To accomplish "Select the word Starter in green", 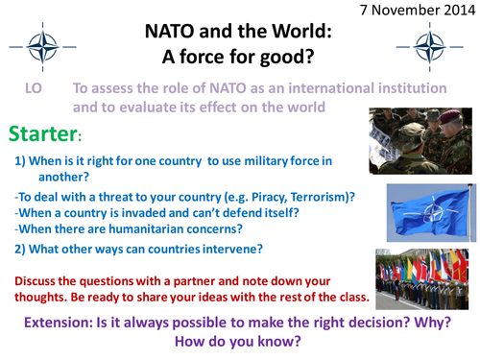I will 45,131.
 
